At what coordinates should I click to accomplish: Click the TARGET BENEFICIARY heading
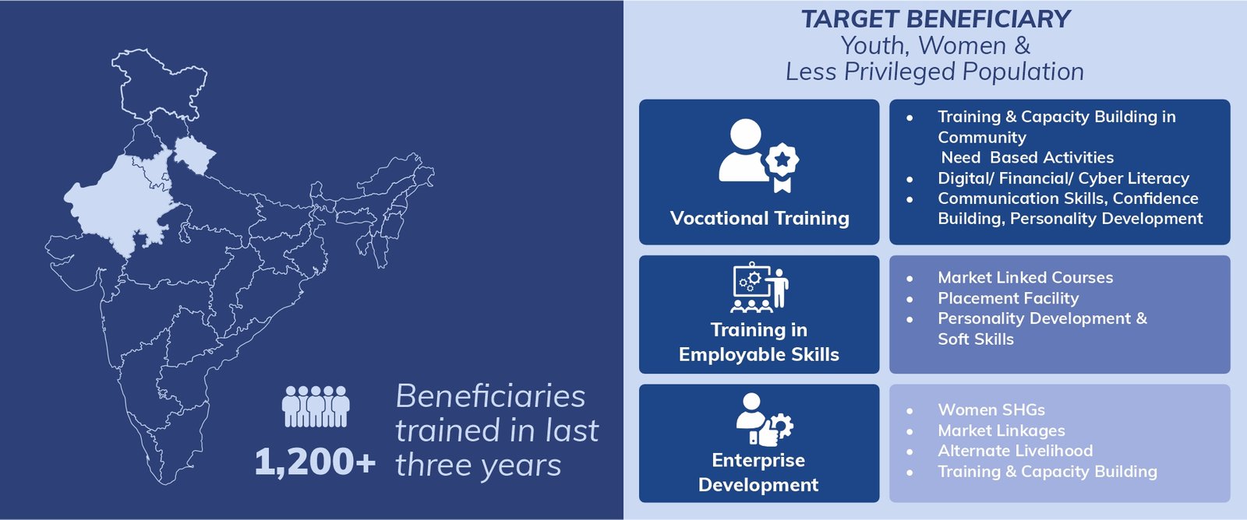[x=935, y=19]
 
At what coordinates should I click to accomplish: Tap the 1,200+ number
[x=315, y=462]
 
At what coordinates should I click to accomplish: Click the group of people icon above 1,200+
[x=316, y=406]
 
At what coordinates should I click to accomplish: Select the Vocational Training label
[x=759, y=218]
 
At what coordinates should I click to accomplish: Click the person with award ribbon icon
[x=759, y=156]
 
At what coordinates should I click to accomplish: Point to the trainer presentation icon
[x=759, y=287]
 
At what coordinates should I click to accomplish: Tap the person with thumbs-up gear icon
[x=764, y=419]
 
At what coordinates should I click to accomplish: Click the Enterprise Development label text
[x=758, y=473]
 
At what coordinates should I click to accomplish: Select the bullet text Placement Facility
[x=1009, y=299]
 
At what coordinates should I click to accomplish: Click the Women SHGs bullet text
[x=991, y=410]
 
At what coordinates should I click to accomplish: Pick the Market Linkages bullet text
[x=1001, y=430]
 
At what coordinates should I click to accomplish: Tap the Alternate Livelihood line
[x=1015, y=451]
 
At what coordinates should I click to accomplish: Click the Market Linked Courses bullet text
[x=1026, y=278]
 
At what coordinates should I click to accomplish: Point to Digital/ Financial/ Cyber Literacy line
[x=1063, y=178]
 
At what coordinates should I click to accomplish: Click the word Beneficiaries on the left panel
[x=490, y=396]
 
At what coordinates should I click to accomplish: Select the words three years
[x=479, y=466]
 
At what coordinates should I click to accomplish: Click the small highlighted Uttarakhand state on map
[x=194, y=153]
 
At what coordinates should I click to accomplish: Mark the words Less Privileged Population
[x=934, y=72]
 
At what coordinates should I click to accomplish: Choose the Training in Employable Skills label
[x=759, y=342]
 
